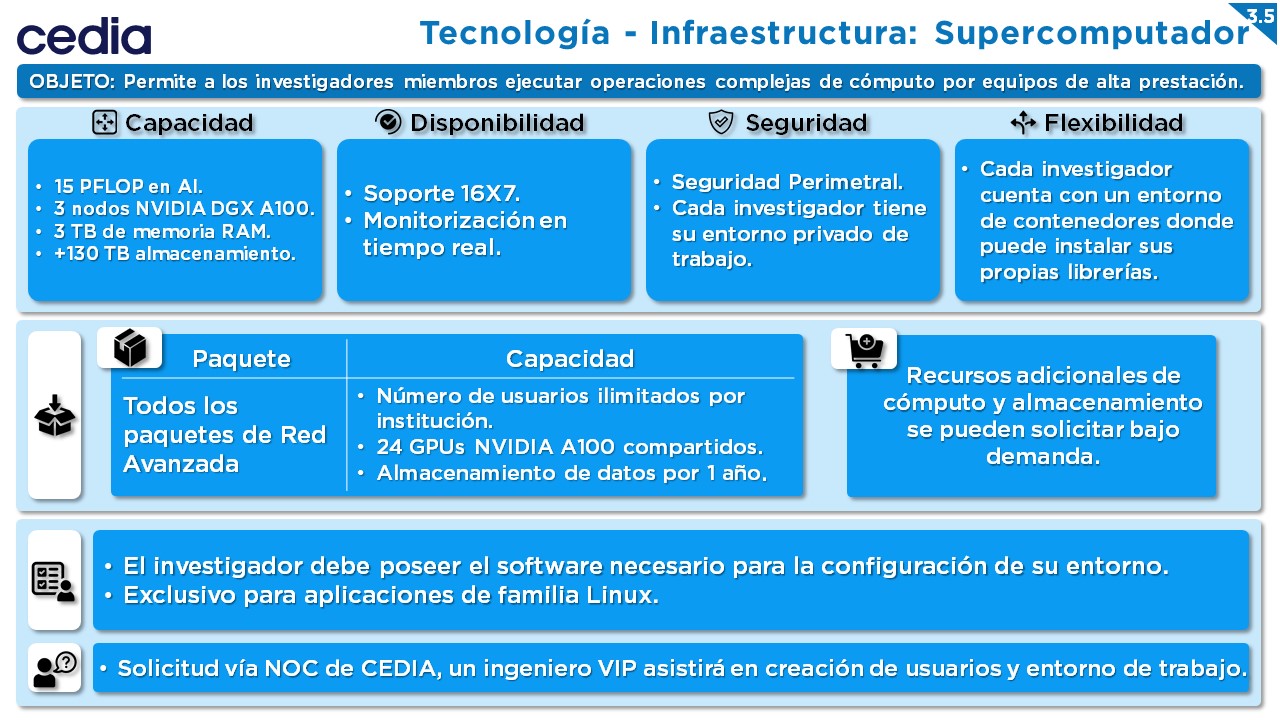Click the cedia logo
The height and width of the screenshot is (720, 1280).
point(84,35)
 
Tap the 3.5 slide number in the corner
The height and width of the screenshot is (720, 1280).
point(1260,16)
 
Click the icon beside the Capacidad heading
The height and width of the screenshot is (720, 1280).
point(105,122)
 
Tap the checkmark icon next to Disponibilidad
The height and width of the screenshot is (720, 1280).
point(389,122)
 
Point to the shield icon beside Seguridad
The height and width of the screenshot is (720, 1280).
point(721,122)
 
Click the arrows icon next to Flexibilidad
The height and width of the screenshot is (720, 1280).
point(1023,122)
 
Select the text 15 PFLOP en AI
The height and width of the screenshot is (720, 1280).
point(128,186)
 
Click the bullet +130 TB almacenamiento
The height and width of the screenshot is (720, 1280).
point(174,253)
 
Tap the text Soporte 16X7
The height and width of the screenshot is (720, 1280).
point(442,194)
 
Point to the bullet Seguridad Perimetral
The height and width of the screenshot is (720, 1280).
point(787,182)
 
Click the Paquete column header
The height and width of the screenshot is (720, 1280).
point(241,359)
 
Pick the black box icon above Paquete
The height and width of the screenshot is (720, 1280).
point(130,347)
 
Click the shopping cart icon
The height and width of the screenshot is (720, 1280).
point(866,350)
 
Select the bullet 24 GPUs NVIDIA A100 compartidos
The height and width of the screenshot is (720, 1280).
point(570,447)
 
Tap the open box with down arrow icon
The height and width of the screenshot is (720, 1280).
point(55,415)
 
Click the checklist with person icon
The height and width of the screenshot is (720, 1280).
point(53,582)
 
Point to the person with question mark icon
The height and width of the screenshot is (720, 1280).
point(55,669)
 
